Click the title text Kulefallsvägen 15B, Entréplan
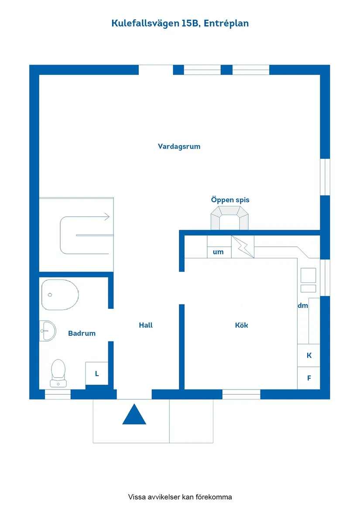tap(180, 24)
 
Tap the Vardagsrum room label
tap(179, 147)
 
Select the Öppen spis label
tap(230, 200)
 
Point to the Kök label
tap(241, 325)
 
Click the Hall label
tap(146, 325)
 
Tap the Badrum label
tap(82, 333)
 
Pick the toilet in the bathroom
tap(58, 373)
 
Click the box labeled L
tap(97, 374)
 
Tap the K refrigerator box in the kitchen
tap(309, 355)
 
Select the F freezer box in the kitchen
tap(309, 378)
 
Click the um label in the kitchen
tap(218, 252)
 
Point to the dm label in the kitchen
tap(303, 305)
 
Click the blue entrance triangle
tap(134, 414)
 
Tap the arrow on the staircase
tap(106, 216)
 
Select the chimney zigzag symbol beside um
tap(243, 247)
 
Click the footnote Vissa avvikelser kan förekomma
tap(180, 497)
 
